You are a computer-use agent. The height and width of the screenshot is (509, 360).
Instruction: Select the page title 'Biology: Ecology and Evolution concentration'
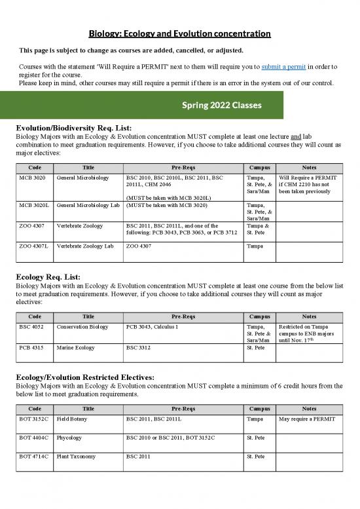[180, 33]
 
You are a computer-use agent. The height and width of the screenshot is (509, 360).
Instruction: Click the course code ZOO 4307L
[35, 246]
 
